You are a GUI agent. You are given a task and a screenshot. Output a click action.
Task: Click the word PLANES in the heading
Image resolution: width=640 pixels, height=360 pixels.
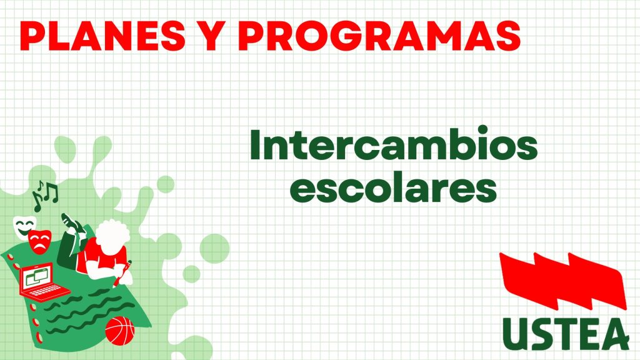(102, 36)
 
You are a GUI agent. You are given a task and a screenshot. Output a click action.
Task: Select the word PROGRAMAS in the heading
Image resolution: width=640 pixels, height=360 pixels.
(379, 36)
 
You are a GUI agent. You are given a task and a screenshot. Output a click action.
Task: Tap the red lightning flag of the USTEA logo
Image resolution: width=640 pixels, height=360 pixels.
(563, 281)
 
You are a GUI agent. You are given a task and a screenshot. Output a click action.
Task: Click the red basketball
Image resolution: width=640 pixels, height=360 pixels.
(120, 330)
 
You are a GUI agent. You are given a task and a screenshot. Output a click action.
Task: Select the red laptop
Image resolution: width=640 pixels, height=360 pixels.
(43, 282)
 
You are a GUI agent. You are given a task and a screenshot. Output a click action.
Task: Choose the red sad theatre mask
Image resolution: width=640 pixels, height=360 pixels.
(40, 242)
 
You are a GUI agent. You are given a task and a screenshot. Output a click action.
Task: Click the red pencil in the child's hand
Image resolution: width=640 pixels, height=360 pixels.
(123, 272)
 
